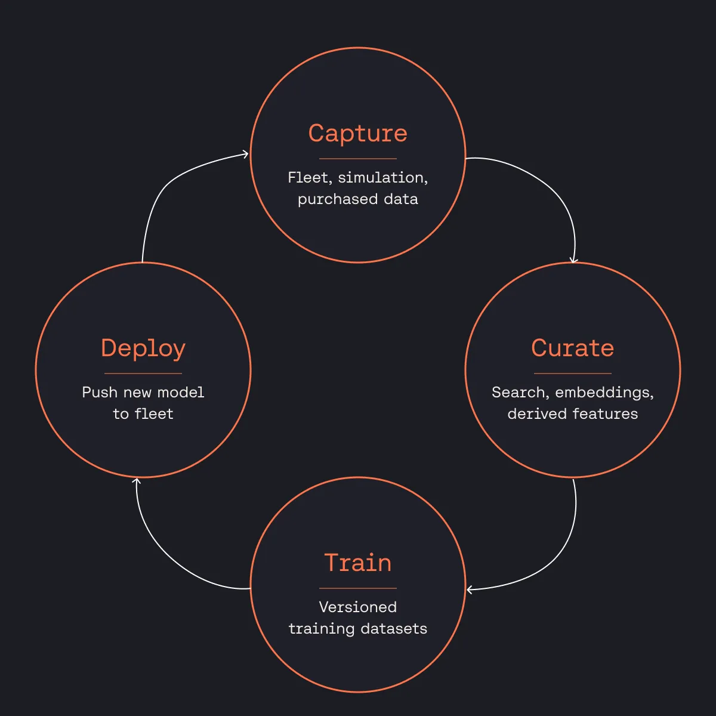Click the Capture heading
pyautogui.click(x=358, y=134)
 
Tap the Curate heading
pyautogui.click(x=572, y=348)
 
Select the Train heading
pyautogui.click(x=358, y=563)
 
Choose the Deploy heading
pyautogui.click(x=143, y=349)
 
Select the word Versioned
pyautogui.click(x=358, y=607)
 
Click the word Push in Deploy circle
pyautogui.click(x=100, y=393)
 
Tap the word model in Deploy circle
pyautogui.click(x=181, y=393)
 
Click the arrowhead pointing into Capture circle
pyautogui.click(x=245, y=154)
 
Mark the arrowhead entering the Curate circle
pyautogui.click(x=573, y=260)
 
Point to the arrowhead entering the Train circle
pyautogui.click(x=470, y=590)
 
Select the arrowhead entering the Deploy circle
pyautogui.click(x=137, y=482)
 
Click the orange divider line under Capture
pyautogui.click(x=358, y=159)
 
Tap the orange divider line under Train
pyautogui.click(x=358, y=588)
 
